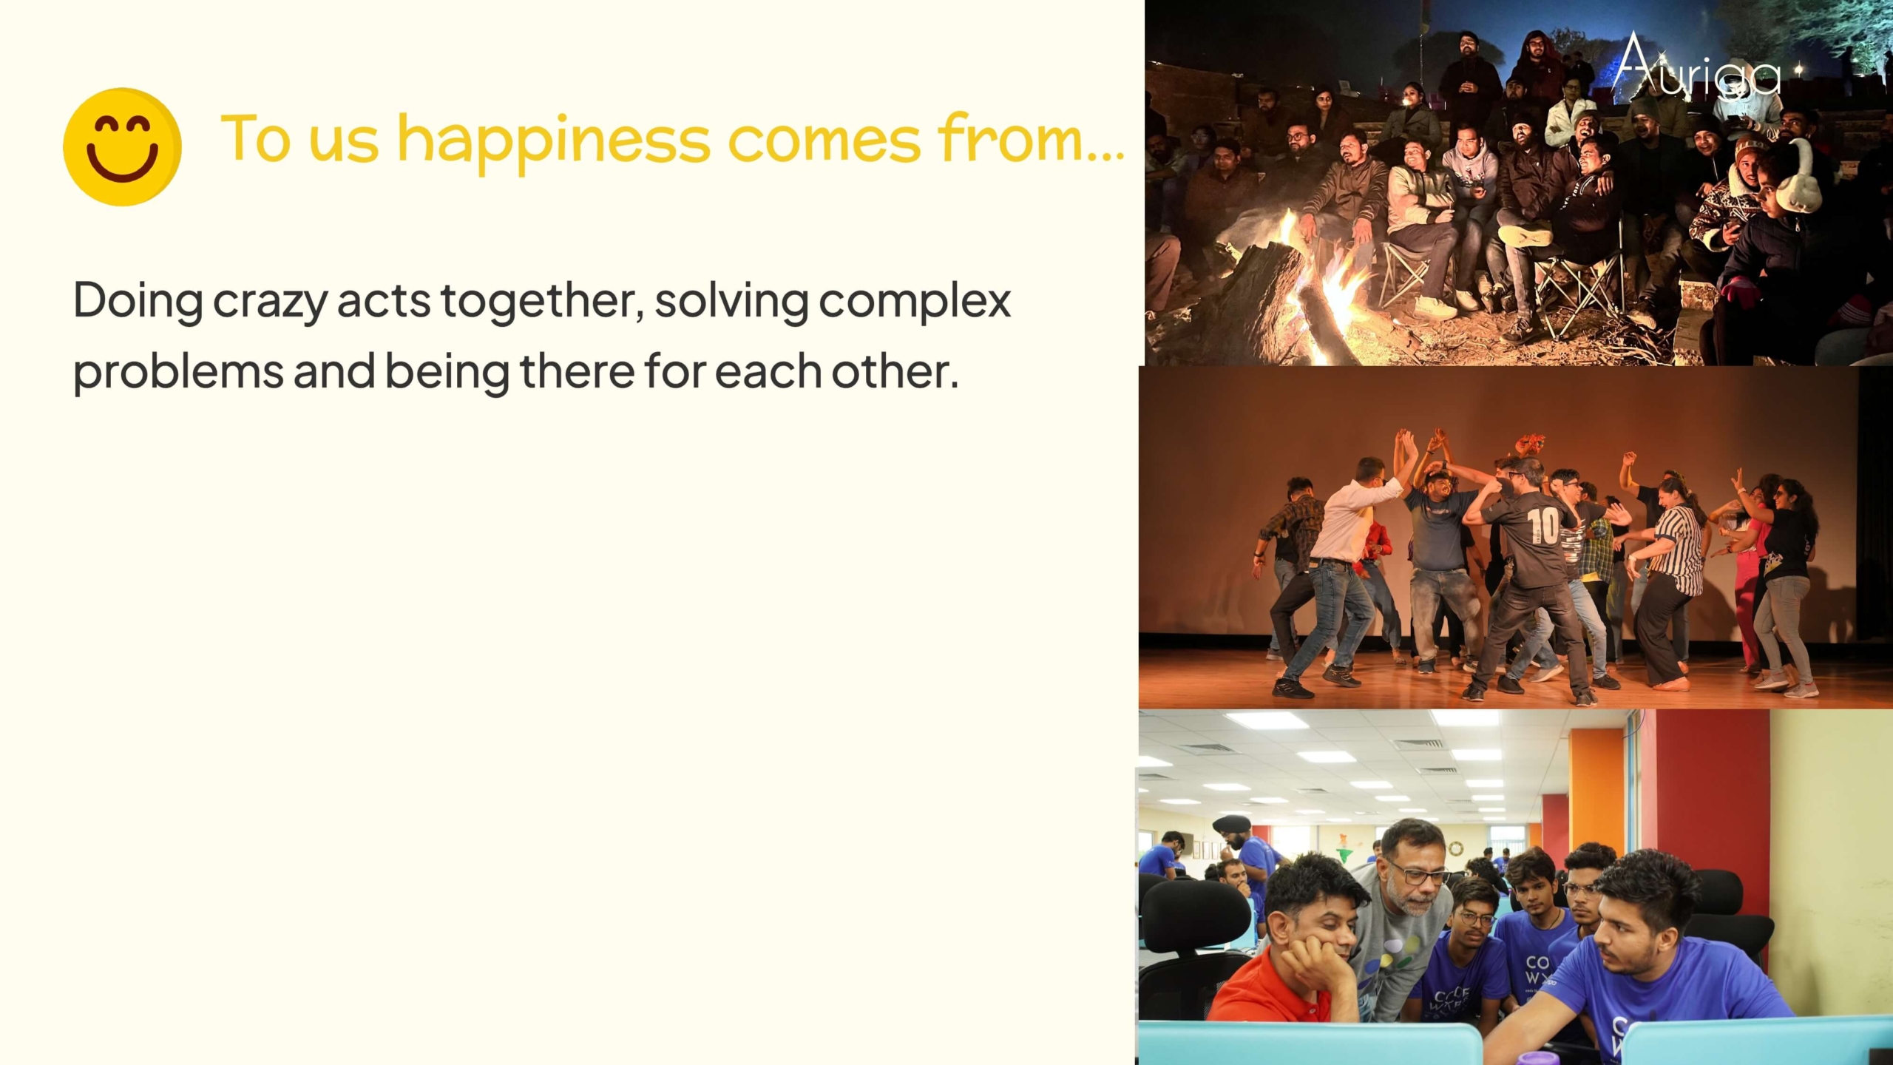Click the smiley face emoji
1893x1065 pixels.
click(122, 146)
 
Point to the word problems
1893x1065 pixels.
click(178, 372)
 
